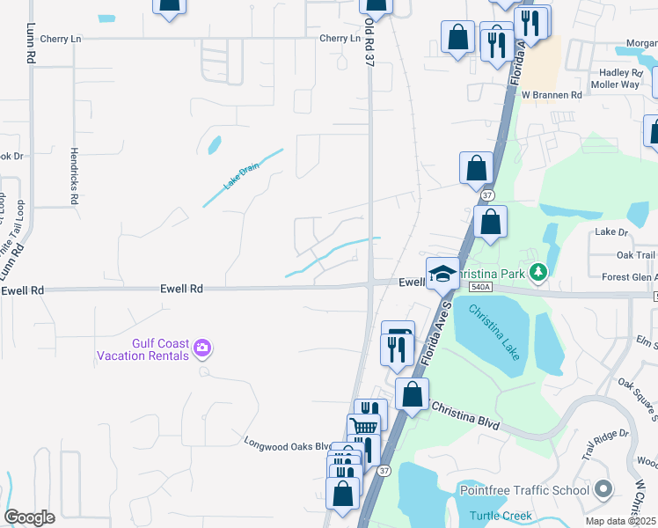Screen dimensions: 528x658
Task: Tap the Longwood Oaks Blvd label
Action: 288,444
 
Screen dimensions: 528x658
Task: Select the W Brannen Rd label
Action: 552,94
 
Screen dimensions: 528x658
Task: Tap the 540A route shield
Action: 479,287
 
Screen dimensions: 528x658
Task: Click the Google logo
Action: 30,517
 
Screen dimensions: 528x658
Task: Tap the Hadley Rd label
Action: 621,72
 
